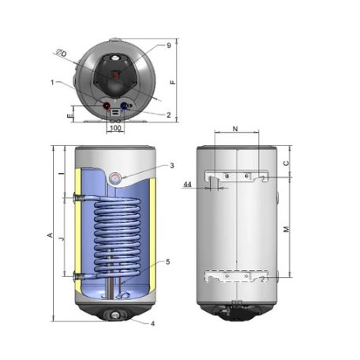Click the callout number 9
click(169, 46)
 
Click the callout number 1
click(52, 83)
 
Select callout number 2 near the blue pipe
click(168, 114)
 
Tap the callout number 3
click(172, 166)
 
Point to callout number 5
click(167, 261)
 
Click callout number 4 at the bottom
click(152, 324)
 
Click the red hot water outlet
click(107, 106)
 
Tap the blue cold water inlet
click(123, 106)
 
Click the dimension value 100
click(115, 128)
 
